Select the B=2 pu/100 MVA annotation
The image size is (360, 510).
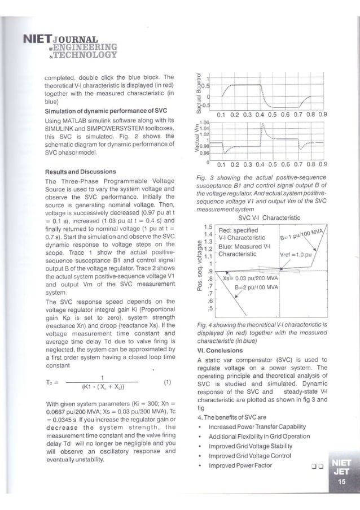tap(257, 287)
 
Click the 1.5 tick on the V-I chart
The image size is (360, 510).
tap(208, 226)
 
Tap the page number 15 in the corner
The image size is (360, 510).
tap(341, 481)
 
